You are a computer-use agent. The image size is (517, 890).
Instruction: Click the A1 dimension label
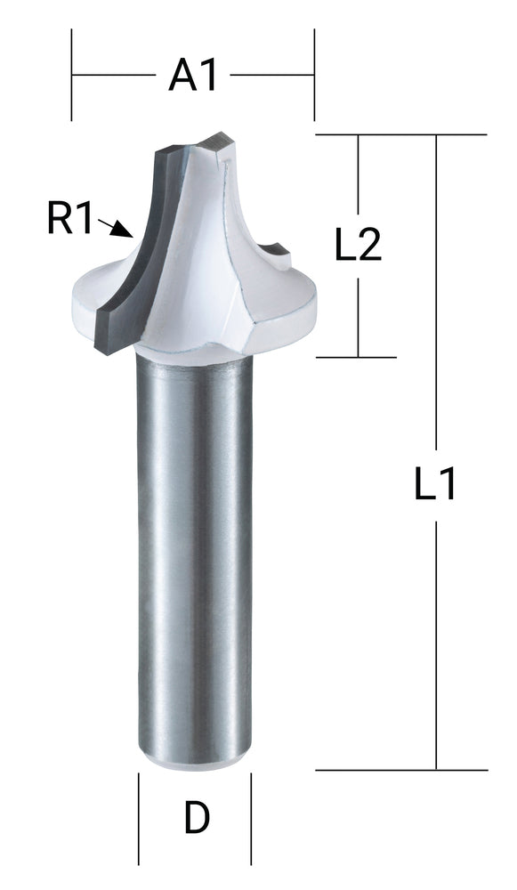tap(193, 77)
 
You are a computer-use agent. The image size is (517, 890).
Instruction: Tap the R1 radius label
tap(69, 219)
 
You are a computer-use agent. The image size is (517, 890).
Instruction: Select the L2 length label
tap(358, 245)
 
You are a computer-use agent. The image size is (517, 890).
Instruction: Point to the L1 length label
tap(436, 485)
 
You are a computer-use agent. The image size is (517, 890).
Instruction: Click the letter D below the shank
tap(196, 819)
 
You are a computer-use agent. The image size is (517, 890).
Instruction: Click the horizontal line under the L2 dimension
tap(356, 357)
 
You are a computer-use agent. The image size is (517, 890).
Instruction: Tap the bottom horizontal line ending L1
tap(400, 770)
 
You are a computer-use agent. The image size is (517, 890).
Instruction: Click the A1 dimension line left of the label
tap(111, 76)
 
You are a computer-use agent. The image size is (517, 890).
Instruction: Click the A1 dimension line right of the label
tap(271, 76)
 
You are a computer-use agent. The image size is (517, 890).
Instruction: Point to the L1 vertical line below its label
tap(436, 641)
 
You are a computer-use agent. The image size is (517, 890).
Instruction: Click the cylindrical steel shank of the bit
tap(194, 552)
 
